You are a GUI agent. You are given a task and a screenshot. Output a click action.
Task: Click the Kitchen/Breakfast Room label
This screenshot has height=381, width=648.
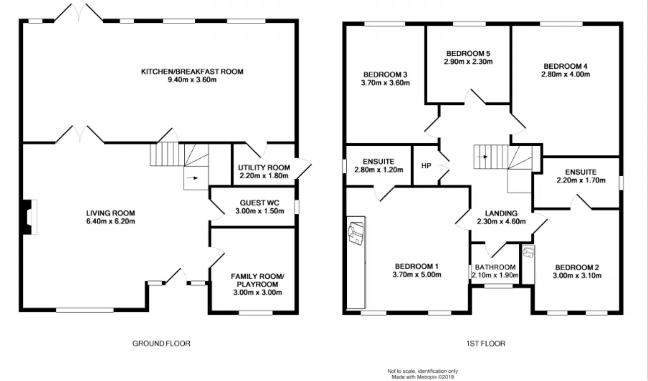pyautogui.click(x=192, y=71)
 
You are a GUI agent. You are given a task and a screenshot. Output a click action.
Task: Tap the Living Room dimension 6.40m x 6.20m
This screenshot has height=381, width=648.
pyautogui.click(x=110, y=221)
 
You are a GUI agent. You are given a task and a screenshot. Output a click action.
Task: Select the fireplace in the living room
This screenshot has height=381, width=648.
pyautogui.click(x=29, y=217)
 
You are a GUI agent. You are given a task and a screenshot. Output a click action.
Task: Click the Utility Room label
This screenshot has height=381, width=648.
pyautogui.click(x=264, y=167)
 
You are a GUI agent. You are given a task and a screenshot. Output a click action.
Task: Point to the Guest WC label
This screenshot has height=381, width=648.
pyautogui.click(x=260, y=202)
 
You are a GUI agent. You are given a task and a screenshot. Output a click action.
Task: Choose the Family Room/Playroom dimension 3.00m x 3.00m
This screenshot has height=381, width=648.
pyautogui.click(x=258, y=292)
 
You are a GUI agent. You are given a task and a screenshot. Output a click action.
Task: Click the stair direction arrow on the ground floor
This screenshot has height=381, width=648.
pyautogui.click(x=192, y=178)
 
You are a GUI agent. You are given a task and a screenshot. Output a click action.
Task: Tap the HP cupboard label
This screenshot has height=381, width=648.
pyautogui.click(x=426, y=165)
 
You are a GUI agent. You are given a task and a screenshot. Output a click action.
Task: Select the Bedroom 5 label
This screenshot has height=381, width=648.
pyautogui.click(x=468, y=54)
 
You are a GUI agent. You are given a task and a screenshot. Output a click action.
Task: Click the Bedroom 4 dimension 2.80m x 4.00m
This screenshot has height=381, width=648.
pyautogui.click(x=565, y=74)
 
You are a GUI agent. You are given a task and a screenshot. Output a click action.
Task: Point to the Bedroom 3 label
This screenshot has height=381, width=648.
pyautogui.click(x=385, y=74)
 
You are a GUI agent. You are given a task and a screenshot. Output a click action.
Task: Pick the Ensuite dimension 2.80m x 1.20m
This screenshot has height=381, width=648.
pyautogui.click(x=379, y=170)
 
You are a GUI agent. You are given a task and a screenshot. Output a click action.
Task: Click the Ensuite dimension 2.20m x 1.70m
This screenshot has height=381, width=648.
pyautogui.click(x=581, y=180)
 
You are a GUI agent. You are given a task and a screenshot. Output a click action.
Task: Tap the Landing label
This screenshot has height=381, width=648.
pyautogui.click(x=501, y=214)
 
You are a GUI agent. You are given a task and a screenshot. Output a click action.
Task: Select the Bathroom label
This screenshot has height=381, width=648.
pyautogui.click(x=495, y=267)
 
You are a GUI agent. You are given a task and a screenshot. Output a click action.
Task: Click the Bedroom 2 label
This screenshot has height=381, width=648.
pyautogui.click(x=577, y=267)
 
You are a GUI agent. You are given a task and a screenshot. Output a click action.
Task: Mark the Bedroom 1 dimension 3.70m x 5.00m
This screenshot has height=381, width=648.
pyautogui.click(x=417, y=274)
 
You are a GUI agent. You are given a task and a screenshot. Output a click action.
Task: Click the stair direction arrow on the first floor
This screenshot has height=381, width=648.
pyautogui.click(x=482, y=157)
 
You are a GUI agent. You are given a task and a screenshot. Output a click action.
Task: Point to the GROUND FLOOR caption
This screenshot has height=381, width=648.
pyautogui.click(x=161, y=344)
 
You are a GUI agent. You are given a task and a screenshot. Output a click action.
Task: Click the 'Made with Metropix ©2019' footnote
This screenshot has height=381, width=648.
pyautogui.click(x=423, y=377)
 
